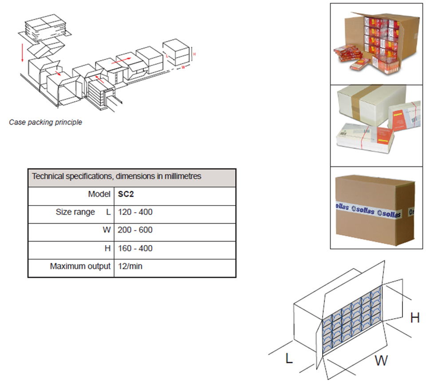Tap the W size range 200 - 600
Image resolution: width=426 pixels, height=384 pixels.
(x=135, y=230)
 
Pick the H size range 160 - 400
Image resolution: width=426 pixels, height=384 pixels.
(x=135, y=249)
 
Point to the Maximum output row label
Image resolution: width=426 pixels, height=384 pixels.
(x=80, y=267)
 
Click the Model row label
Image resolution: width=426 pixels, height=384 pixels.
(x=99, y=194)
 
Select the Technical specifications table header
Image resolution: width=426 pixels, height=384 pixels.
(x=116, y=176)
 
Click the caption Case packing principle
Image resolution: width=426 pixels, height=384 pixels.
(x=46, y=122)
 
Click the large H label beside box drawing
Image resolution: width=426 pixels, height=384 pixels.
(x=414, y=318)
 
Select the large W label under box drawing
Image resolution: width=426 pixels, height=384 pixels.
(x=381, y=360)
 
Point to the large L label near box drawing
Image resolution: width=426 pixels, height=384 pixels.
(x=288, y=358)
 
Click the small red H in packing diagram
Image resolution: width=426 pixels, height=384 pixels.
(x=194, y=54)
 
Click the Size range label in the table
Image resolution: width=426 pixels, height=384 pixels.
(x=75, y=212)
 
